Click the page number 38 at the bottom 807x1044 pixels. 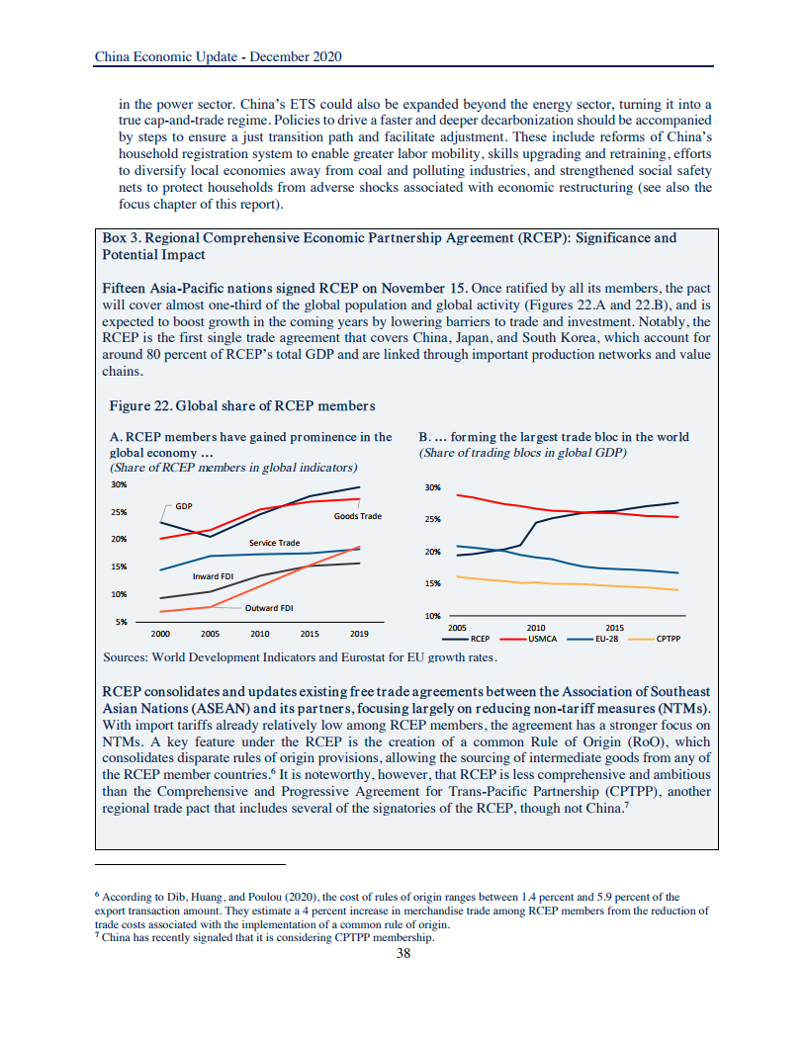403,954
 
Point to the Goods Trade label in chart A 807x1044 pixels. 357,516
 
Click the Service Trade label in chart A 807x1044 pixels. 274,543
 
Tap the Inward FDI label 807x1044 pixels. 213,575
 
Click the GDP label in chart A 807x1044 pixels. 183,506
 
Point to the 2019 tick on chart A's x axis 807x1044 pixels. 360,633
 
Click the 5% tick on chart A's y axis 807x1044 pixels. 119,622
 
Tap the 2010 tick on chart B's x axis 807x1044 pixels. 536,627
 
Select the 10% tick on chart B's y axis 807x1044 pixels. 431,616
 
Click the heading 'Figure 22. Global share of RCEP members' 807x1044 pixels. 242,406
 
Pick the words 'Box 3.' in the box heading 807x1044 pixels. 123,238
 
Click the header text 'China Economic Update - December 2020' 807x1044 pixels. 218,57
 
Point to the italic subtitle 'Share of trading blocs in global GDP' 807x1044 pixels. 523,453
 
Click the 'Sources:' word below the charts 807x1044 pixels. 127,656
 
